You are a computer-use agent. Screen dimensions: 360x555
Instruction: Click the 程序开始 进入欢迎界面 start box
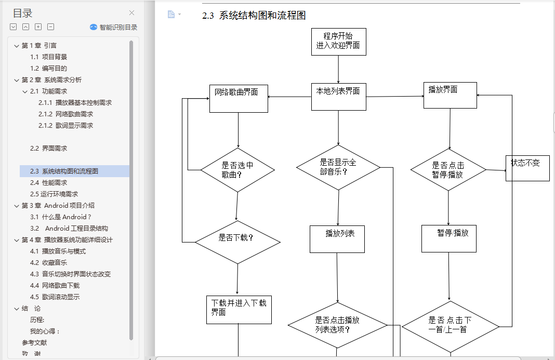tap(338, 42)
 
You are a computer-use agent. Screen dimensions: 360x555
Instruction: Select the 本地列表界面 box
tap(338, 97)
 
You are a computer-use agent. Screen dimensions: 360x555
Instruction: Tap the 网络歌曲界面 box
tap(239, 98)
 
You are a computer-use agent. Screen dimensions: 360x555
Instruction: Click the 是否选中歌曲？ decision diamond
tap(237, 170)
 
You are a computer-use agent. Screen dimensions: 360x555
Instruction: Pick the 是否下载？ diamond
tap(237, 242)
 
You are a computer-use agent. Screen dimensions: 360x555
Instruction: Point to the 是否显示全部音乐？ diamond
tap(338, 167)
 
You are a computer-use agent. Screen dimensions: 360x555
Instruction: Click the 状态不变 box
tap(527, 168)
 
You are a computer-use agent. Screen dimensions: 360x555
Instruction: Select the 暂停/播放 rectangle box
tap(448, 238)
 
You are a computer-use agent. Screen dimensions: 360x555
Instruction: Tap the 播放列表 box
tap(337, 238)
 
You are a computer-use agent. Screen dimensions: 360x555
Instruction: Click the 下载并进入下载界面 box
tap(239, 310)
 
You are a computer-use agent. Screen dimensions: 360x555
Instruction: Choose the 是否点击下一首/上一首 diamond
tap(450, 326)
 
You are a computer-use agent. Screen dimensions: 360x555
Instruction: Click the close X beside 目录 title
tap(132, 13)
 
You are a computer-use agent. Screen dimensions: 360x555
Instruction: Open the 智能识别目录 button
tap(113, 27)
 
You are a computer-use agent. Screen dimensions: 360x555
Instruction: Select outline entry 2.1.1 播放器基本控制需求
tap(75, 102)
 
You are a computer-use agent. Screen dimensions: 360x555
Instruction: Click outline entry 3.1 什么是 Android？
tap(61, 217)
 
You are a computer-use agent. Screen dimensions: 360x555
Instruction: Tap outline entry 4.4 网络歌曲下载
tap(55, 285)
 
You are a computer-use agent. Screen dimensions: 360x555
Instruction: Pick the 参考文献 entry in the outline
tap(34, 342)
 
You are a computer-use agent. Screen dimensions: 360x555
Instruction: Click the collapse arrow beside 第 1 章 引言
tap(17, 46)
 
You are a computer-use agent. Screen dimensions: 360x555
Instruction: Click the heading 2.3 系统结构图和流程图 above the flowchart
tap(254, 16)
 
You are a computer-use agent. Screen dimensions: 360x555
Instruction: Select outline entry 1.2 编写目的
tap(48, 68)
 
